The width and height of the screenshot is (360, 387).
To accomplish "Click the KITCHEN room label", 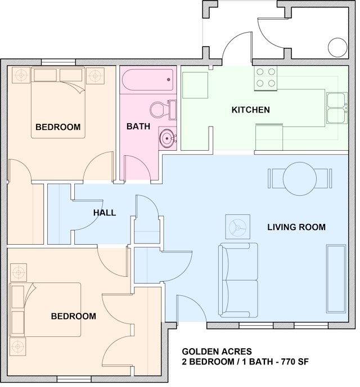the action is pyautogui.click(x=250, y=110).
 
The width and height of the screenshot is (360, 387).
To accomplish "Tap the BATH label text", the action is pyautogui.click(x=138, y=127).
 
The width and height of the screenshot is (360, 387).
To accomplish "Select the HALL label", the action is pyautogui.click(x=105, y=213).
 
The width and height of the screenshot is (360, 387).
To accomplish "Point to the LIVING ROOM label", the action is pyautogui.click(x=296, y=227).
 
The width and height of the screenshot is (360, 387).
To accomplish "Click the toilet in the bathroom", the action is pyautogui.click(x=163, y=110).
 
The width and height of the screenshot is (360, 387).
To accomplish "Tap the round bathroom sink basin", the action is pyautogui.click(x=167, y=138).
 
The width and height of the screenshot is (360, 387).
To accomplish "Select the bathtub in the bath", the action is pyautogui.click(x=148, y=80).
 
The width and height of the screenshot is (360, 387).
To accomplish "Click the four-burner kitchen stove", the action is pyautogui.click(x=265, y=78).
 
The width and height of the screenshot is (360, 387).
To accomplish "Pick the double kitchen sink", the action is pyautogui.click(x=337, y=108).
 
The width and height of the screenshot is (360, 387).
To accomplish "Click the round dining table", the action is pyautogui.click(x=300, y=179).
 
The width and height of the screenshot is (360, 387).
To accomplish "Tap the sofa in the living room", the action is pyautogui.click(x=238, y=280).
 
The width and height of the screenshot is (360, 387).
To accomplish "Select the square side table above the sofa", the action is pyautogui.click(x=237, y=227).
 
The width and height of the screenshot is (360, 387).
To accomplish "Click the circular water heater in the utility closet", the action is pyautogui.click(x=337, y=48).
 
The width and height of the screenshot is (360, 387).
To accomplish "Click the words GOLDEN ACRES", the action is pyautogui.click(x=217, y=352).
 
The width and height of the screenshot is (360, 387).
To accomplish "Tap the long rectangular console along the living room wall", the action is pyautogui.click(x=336, y=278).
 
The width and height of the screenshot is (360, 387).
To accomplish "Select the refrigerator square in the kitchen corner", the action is pyautogui.click(x=195, y=85).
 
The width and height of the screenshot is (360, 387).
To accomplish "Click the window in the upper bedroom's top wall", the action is pyautogui.click(x=58, y=62).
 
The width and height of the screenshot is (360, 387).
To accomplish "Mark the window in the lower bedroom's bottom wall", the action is pyautogui.click(x=74, y=379).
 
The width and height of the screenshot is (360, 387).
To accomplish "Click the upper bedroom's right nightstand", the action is pyautogui.click(x=95, y=75).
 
